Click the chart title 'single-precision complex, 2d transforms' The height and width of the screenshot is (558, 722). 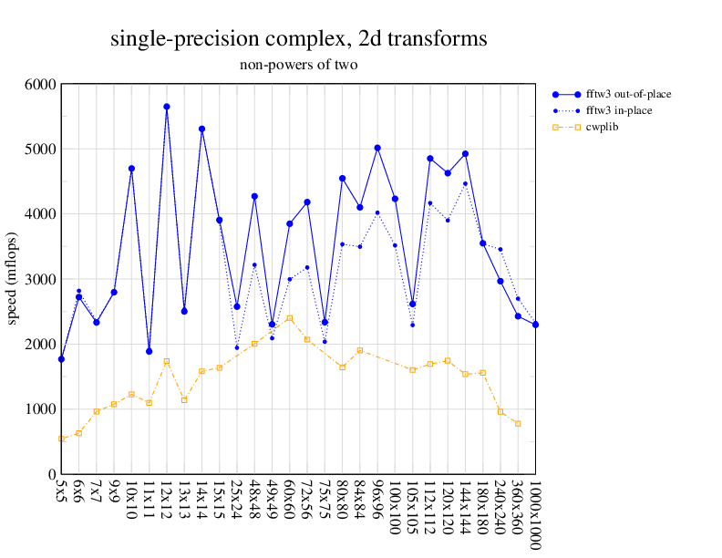click(298, 39)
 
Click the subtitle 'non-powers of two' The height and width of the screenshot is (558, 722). click(298, 65)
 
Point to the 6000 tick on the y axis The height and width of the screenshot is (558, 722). click(39, 84)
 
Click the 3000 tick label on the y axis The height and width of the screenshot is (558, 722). click(39, 279)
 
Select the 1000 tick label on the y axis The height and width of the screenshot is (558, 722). click(39, 409)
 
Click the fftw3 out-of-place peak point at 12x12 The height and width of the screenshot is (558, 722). click(167, 107)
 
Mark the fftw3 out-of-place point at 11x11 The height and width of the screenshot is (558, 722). click(149, 351)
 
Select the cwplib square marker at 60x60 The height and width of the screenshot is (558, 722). click(289, 318)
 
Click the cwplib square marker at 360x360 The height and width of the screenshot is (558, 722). click(518, 424)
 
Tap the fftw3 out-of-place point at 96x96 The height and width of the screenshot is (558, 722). click(377, 148)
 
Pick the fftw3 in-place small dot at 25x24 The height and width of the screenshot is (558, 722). click(237, 347)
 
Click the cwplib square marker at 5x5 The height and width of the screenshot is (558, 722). click(61, 439)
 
